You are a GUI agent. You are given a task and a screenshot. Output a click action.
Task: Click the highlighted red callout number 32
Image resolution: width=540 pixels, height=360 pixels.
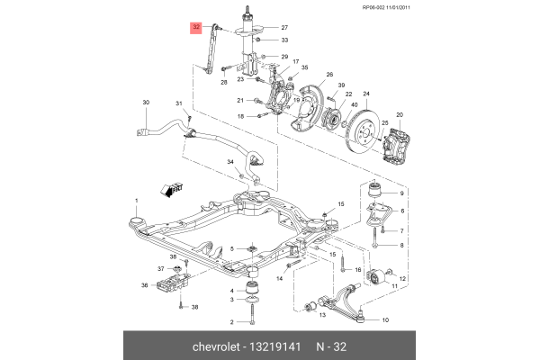click(196, 28)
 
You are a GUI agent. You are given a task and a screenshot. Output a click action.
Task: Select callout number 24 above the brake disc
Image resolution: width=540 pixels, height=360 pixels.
click(365, 94)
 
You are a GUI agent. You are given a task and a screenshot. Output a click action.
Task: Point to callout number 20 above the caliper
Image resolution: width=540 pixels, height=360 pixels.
click(400, 114)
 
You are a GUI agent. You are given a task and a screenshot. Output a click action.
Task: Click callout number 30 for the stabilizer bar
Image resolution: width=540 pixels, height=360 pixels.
click(146, 104)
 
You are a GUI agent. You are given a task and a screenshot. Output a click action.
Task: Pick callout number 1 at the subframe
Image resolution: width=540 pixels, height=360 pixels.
click(136, 200)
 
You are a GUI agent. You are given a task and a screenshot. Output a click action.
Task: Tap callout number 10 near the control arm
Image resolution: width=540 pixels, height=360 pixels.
click(385, 319)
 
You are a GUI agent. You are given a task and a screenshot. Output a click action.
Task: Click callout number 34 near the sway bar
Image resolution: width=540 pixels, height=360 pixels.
click(230, 163)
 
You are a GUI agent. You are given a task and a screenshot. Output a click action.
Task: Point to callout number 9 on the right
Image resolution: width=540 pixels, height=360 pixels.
click(401, 194)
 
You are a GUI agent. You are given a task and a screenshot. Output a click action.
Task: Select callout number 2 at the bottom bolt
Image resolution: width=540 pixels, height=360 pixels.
click(230, 321)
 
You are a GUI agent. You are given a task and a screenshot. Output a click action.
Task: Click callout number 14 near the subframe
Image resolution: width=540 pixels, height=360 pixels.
click(280, 279)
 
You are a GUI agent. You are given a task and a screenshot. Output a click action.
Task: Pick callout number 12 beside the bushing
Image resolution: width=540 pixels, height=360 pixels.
click(401, 280)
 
